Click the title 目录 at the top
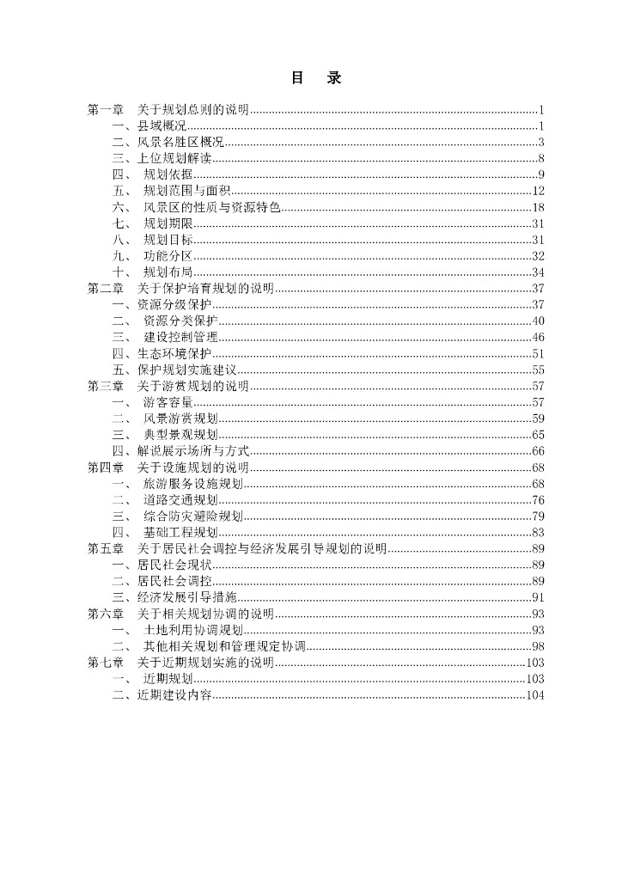316,78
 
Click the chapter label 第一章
106,110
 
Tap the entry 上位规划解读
174,159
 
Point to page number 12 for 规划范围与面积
539,192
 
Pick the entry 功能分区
168,256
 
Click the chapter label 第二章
106,289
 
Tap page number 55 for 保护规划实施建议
539,370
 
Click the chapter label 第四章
106,467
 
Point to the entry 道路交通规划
180,499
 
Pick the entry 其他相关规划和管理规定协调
224,646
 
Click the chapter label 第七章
106,663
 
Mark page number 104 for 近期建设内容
535,695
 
